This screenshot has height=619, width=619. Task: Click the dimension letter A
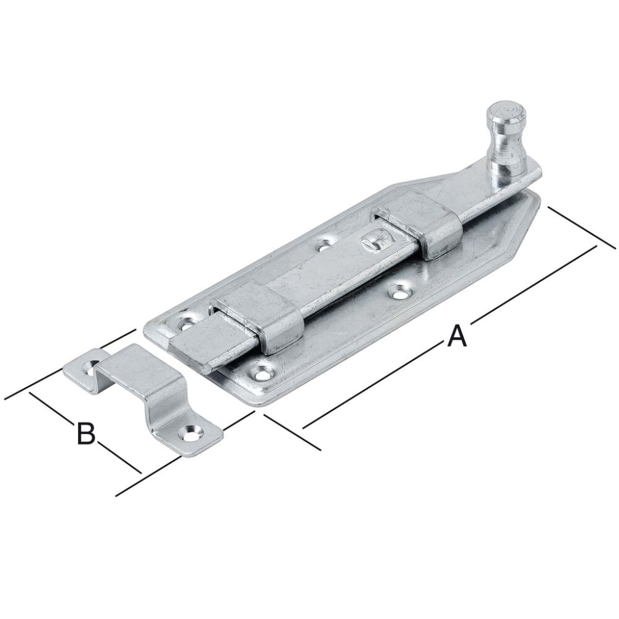pyautogui.click(x=456, y=335)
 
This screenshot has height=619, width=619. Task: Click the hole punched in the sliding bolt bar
pyautogui.click(x=374, y=241)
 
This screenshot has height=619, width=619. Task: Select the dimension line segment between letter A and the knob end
pyautogui.click(x=532, y=285)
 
